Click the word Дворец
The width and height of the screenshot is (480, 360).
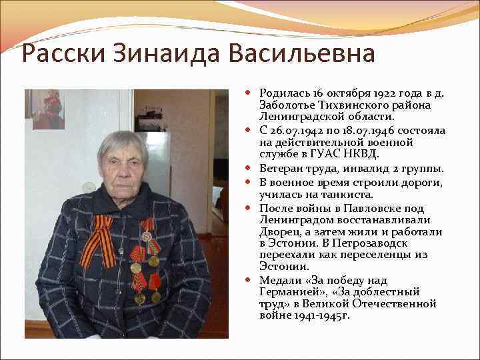click(279, 231)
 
